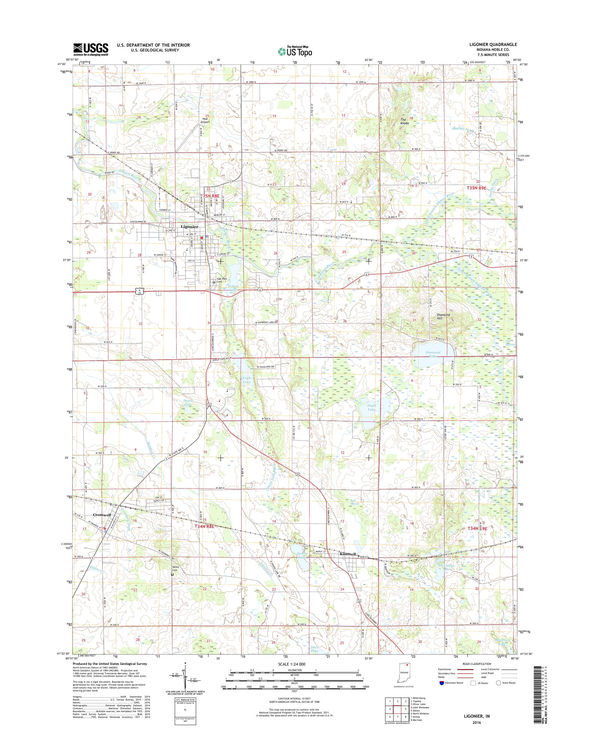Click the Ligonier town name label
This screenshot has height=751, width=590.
[x=189, y=227]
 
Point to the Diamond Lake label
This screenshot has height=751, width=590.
[x=433, y=354]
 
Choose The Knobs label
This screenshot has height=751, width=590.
[x=405, y=121]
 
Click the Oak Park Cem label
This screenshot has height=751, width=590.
[x=221, y=280]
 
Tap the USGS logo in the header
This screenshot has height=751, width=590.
[x=90, y=50]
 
